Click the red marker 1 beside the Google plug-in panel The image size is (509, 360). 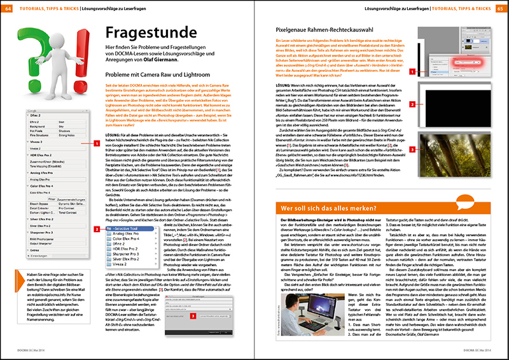coord(96,144)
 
